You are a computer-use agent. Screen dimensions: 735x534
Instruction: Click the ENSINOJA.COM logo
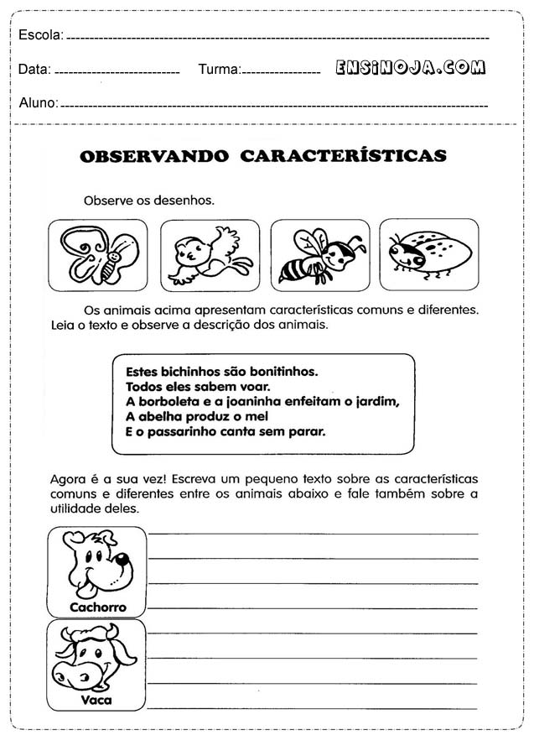[x=410, y=68]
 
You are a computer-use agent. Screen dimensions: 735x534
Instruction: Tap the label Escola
[x=39, y=35]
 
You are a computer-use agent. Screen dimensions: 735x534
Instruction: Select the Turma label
[x=219, y=70]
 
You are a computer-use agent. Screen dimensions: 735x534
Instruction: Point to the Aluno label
[x=38, y=103]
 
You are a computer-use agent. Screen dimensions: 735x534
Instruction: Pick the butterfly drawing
[x=97, y=255]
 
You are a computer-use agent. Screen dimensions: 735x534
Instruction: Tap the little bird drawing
[x=210, y=255]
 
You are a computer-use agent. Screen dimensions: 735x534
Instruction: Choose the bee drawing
[x=320, y=255]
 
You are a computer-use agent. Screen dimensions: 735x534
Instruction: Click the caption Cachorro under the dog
[x=97, y=607]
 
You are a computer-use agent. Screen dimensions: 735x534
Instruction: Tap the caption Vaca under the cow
[x=96, y=700]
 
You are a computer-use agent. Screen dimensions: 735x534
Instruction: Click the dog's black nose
[x=122, y=560]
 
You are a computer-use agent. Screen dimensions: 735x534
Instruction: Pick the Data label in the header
[x=34, y=70]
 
